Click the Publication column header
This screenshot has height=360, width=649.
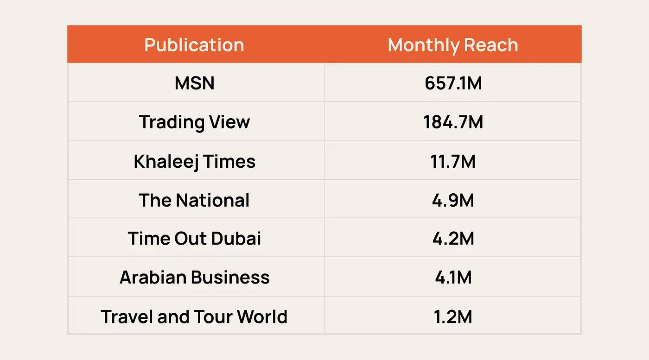pos(194,45)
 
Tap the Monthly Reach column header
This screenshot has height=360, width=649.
pos(452,45)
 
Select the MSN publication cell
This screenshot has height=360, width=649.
pos(194,83)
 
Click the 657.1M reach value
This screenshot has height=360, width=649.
pos(453,83)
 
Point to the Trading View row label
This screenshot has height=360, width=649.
pos(194,122)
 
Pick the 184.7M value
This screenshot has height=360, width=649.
pos(453,122)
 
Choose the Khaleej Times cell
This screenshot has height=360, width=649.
pos(194,161)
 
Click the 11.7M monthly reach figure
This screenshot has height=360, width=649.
pos(453,161)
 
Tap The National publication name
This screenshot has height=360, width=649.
pos(194,200)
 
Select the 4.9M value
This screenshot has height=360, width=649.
pos(453,200)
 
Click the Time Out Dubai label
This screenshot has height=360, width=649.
pos(194,239)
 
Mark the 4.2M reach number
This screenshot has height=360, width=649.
pos(453,239)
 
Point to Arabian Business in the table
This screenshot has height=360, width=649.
pos(194,277)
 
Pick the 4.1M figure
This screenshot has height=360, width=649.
pos(453,277)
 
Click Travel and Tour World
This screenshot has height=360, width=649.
pos(194,317)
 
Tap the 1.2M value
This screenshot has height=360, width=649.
pos(453,317)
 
